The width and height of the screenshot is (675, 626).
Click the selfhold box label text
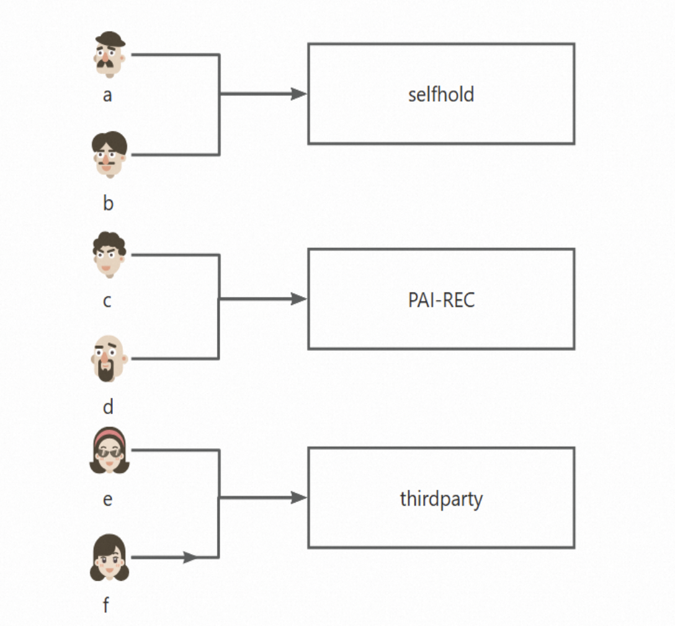click(x=441, y=95)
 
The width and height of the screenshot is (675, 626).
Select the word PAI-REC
click(x=441, y=300)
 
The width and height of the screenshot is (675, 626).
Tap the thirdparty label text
click(x=441, y=499)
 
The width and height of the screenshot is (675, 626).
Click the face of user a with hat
click(x=110, y=58)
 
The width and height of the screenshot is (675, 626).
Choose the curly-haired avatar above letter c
click(x=109, y=255)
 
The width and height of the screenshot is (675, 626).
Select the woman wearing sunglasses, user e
click(x=109, y=451)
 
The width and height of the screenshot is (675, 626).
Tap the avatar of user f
click(x=109, y=558)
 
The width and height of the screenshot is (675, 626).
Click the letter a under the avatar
click(x=107, y=96)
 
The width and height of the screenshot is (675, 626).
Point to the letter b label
click(x=108, y=203)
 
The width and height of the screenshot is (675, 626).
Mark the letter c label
click(x=107, y=301)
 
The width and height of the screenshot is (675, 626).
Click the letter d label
click(x=108, y=407)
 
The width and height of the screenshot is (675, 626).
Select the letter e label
click(x=107, y=500)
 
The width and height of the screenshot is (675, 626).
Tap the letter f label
click(x=106, y=604)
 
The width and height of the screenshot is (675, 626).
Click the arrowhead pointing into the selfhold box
click(x=299, y=94)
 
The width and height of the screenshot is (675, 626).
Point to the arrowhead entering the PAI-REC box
click(x=299, y=299)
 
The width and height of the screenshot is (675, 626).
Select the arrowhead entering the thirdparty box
click(x=299, y=498)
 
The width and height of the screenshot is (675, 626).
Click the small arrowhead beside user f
click(x=190, y=558)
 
